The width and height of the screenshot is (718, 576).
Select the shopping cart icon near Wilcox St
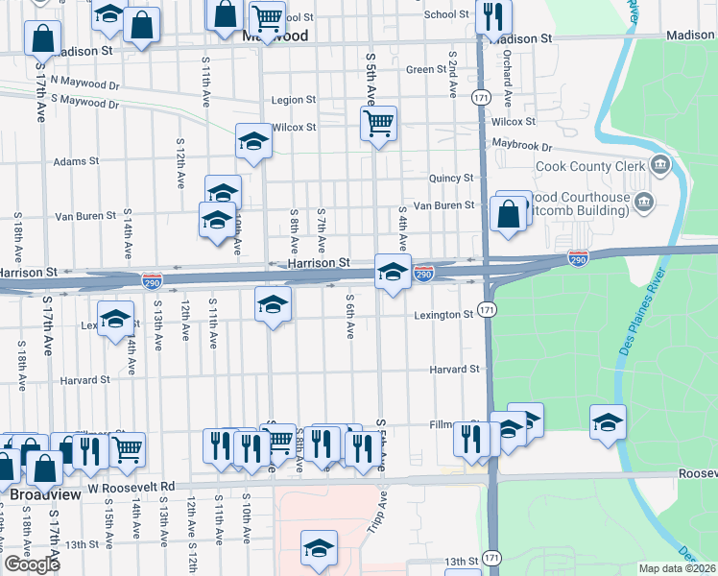pyautogui.click(x=379, y=124)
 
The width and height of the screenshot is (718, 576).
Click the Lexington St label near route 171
pyautogui.click(x=443, y=315)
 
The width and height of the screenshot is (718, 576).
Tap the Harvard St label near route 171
pyautogui.click(x=454, y=369)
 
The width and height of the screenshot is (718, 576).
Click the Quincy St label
pyautogui.click(x=451, y=178)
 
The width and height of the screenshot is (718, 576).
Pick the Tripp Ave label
pyautogui.click(x=381, y=515)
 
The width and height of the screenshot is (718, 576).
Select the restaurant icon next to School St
pyautogui.click(x=493, y=16)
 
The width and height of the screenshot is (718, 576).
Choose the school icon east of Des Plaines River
pyautogui.click(x=608, y=422)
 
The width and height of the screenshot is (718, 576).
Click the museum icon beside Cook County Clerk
pyautogui.click(x=659, y=165)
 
